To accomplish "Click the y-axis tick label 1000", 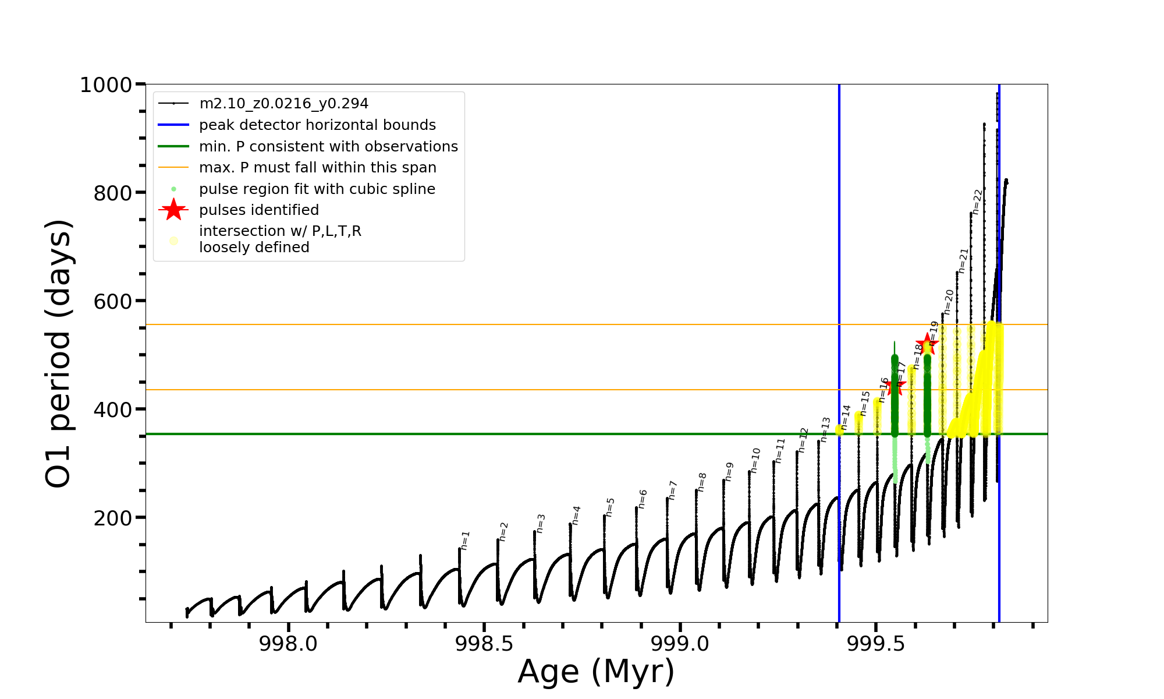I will [106, 85].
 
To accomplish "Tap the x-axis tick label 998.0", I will [288, 644].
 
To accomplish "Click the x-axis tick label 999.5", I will [876, 644].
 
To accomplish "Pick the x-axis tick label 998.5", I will [484, 644].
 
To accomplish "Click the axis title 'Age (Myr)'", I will [596, 672].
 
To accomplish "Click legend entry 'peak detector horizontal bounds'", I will [317, 125].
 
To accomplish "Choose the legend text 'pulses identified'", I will [259, 210].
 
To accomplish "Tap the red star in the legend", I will [173, 210].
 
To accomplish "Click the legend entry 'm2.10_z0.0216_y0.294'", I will [283, 104].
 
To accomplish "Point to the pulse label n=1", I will [465, 541].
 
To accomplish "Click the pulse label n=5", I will [610, 507].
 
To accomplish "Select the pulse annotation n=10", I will [755, 460].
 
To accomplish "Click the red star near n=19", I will [927, 344].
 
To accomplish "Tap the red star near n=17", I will [896, 384].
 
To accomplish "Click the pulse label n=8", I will [702, 482].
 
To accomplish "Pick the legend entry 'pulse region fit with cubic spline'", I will [317, 189].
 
